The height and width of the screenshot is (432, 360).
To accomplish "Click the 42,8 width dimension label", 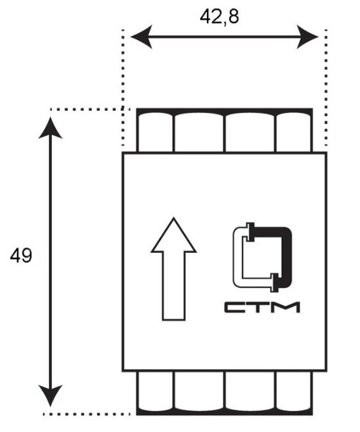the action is (219, 17).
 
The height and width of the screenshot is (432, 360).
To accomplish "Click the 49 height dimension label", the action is (21, 255).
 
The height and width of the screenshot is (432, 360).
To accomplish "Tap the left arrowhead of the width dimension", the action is (141, 37).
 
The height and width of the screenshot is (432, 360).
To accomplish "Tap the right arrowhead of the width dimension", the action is (307, 37).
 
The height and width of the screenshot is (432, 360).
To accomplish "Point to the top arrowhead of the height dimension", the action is (51, 128).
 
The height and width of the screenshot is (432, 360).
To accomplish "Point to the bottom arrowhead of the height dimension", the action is (51, 396).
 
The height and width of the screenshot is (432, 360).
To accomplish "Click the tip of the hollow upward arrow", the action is (173, 218).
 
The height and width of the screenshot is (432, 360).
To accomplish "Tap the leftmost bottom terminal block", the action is (155, 391).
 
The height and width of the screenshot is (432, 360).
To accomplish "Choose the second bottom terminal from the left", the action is (199, 391).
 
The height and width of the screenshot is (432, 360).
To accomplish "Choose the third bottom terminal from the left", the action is (250, 391).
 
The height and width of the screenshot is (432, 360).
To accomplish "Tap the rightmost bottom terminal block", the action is (293, 391).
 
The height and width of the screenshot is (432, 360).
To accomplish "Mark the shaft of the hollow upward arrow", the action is (173, 286).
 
